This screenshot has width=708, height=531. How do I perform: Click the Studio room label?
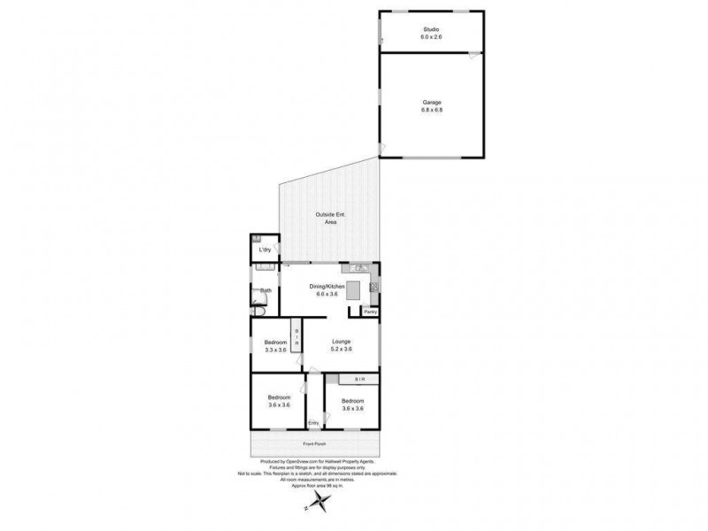click(x=432, y=29)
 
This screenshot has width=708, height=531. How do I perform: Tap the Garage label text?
click(x=432, y=102)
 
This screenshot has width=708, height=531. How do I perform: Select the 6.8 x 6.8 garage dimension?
click(x=432, y=110)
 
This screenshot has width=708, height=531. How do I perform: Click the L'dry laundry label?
click(x=264, y=250)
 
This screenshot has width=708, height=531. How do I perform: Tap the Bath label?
click(x=265, y=290)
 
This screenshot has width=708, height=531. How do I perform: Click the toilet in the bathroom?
click(x=258, y=311)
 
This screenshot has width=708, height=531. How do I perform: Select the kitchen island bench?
click(x=354, y=289)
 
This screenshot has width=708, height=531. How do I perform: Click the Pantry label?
click(x=370, y=312)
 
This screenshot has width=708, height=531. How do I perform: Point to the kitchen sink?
click(x=358, y=268)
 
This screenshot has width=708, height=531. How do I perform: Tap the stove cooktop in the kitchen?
click(x=375, y=286)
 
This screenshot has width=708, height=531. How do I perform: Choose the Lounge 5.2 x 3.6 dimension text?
click(x=342, y=349)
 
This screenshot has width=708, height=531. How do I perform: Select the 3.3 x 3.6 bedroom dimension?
click(x=275, y=350)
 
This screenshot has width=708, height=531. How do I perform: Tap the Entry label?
click(x=313, y=422)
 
